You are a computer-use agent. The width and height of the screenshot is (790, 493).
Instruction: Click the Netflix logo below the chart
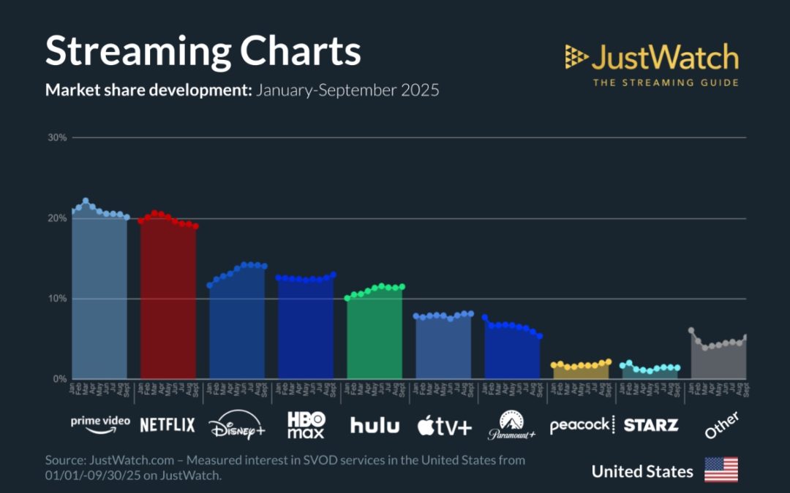pos(168,424)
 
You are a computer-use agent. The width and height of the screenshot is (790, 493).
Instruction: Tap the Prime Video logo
pos(100,424)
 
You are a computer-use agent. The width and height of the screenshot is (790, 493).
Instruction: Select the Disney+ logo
pos(237,426)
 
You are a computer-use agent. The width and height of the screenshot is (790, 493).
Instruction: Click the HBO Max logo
pos(306,424)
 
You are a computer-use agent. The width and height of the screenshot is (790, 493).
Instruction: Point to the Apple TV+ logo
pos(444,426)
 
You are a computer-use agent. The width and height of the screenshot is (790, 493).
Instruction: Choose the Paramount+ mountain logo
pos(512,424)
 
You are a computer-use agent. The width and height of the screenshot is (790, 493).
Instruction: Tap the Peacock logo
pos(582,425)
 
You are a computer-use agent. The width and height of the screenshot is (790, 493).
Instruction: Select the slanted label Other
pos(721,424)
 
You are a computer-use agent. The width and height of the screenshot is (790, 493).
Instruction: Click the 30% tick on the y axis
pos(57,137)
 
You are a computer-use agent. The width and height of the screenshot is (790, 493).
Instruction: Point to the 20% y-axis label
pos(57,218)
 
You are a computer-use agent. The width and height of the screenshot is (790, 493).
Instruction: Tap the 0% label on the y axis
pos(59,379)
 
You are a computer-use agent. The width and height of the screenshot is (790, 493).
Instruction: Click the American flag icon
pos(721,470)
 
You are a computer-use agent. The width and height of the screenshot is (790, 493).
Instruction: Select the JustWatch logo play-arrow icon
pos(576,57)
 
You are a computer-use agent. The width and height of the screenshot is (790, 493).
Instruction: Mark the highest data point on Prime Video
pos(86,201)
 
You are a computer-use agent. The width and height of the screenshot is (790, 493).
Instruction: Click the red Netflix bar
pos(168,307)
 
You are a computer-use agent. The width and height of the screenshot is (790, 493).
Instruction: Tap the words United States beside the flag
pos(642,471)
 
